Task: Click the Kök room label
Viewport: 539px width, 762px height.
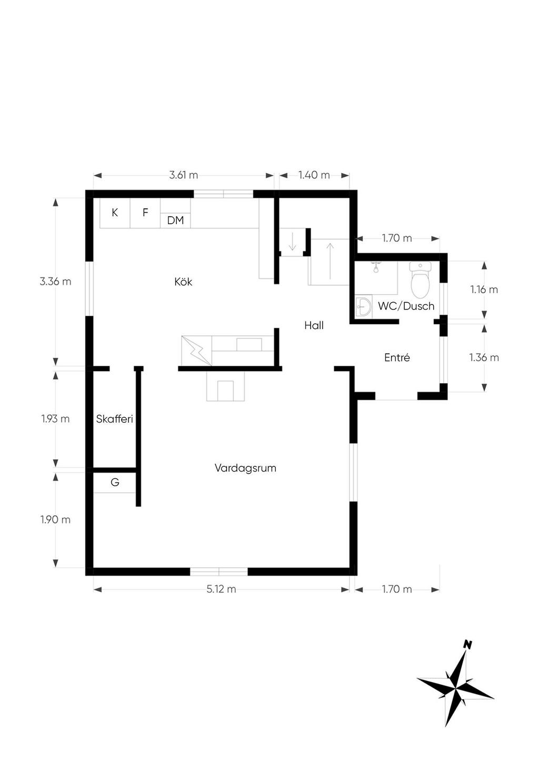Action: click(x=183, y=282)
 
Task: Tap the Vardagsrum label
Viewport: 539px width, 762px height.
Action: click(x=245, y=468)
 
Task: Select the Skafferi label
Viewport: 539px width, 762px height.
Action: click(x=114, y=419)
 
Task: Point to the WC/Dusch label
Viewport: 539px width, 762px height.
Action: click(x=406, y=306)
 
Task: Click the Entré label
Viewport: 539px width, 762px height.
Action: click(x=397, y=357)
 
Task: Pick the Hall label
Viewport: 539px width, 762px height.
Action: click(x=314, y=326)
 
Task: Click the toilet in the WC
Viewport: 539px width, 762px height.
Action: click(x=421, y=280)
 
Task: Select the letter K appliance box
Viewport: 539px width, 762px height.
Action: click(x=115, y=213)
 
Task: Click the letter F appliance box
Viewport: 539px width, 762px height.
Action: click(x=145, y=213)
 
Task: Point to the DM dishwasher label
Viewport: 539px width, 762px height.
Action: click(x=175, y=220)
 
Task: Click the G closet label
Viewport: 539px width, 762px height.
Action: click(x=115, y=482)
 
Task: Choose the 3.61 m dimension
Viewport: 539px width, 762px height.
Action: click(x=183, y=175)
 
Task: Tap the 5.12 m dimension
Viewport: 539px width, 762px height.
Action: click(x=221, y=589)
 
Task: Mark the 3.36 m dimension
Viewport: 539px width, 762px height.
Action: click(x=55, y=282)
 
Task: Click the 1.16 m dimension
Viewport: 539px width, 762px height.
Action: click(x=484, y=289)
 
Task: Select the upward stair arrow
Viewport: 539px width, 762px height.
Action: click(x=330, y=261)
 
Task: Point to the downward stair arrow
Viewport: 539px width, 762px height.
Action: click(x=292, y=242)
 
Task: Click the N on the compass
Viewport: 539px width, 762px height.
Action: click(x=468, y=644)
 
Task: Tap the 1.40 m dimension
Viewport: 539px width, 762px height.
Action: click(x=314, y=175)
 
